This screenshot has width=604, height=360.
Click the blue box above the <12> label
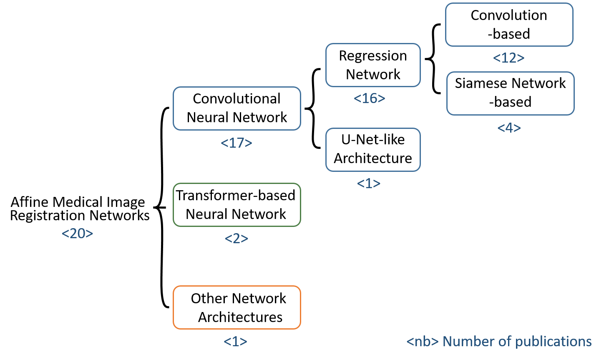click(x=509, y=25)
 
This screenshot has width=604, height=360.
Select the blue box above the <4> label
click(x=510, y=93)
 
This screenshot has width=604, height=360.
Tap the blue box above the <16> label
click(x=373, y=65)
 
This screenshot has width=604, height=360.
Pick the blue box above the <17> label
click(x=237, y=108)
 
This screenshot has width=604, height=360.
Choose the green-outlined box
click(x=237, y=205)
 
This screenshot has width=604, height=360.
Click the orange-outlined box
click(x=237, y=307)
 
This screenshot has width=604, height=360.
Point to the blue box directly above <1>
click(x=373, y=150)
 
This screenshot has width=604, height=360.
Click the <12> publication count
click(x=508, y=58)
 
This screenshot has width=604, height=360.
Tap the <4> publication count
click(x=509, y=128)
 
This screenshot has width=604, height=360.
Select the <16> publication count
click(x=369, y=98)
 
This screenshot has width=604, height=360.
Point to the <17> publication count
click(x=236, y=143)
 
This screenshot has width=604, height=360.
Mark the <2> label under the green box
click(x=237, y=238)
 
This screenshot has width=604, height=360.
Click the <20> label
click(x=77, y=234)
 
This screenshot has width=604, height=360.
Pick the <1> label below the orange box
click(x=235, y=342)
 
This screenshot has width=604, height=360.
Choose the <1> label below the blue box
click(x=369, y=184)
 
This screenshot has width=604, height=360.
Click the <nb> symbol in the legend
click(x=422, y=342)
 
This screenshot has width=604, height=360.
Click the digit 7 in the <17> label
click(x=239, y=143)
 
